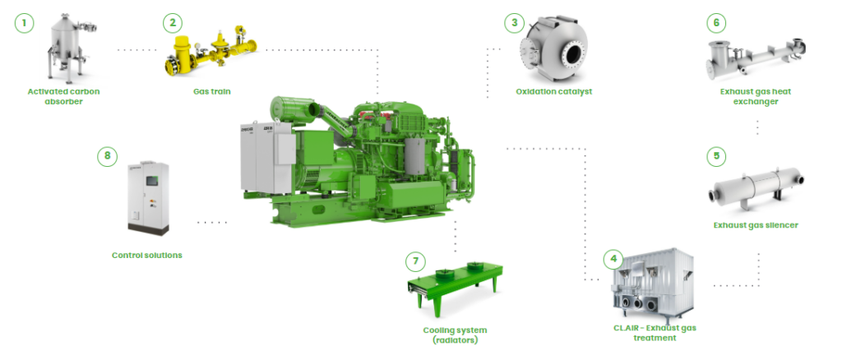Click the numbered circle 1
click(24, 23)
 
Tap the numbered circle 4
click(613, 259)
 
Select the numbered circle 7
click(415, 262)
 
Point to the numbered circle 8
click(108, 156)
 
